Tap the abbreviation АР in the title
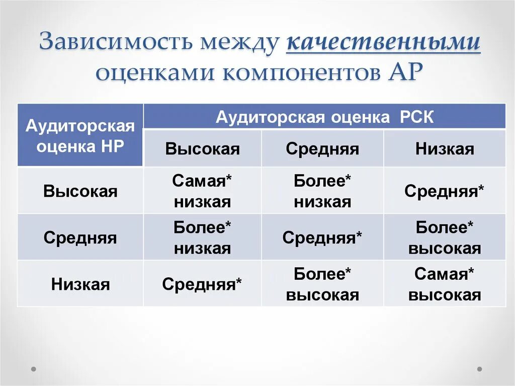403,73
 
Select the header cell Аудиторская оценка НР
80,135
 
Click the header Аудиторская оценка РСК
324,117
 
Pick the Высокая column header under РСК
202,149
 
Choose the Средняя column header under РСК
322,149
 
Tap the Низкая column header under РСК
445,149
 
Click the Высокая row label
80,191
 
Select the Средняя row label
80,238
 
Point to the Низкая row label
80,284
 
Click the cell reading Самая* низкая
202,191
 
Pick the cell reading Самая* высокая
445,284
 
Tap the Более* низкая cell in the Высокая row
322,191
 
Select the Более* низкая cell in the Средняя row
202,238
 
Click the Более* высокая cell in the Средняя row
445,238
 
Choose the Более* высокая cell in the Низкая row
322,284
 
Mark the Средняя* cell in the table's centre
322,238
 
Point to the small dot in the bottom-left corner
34,368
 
